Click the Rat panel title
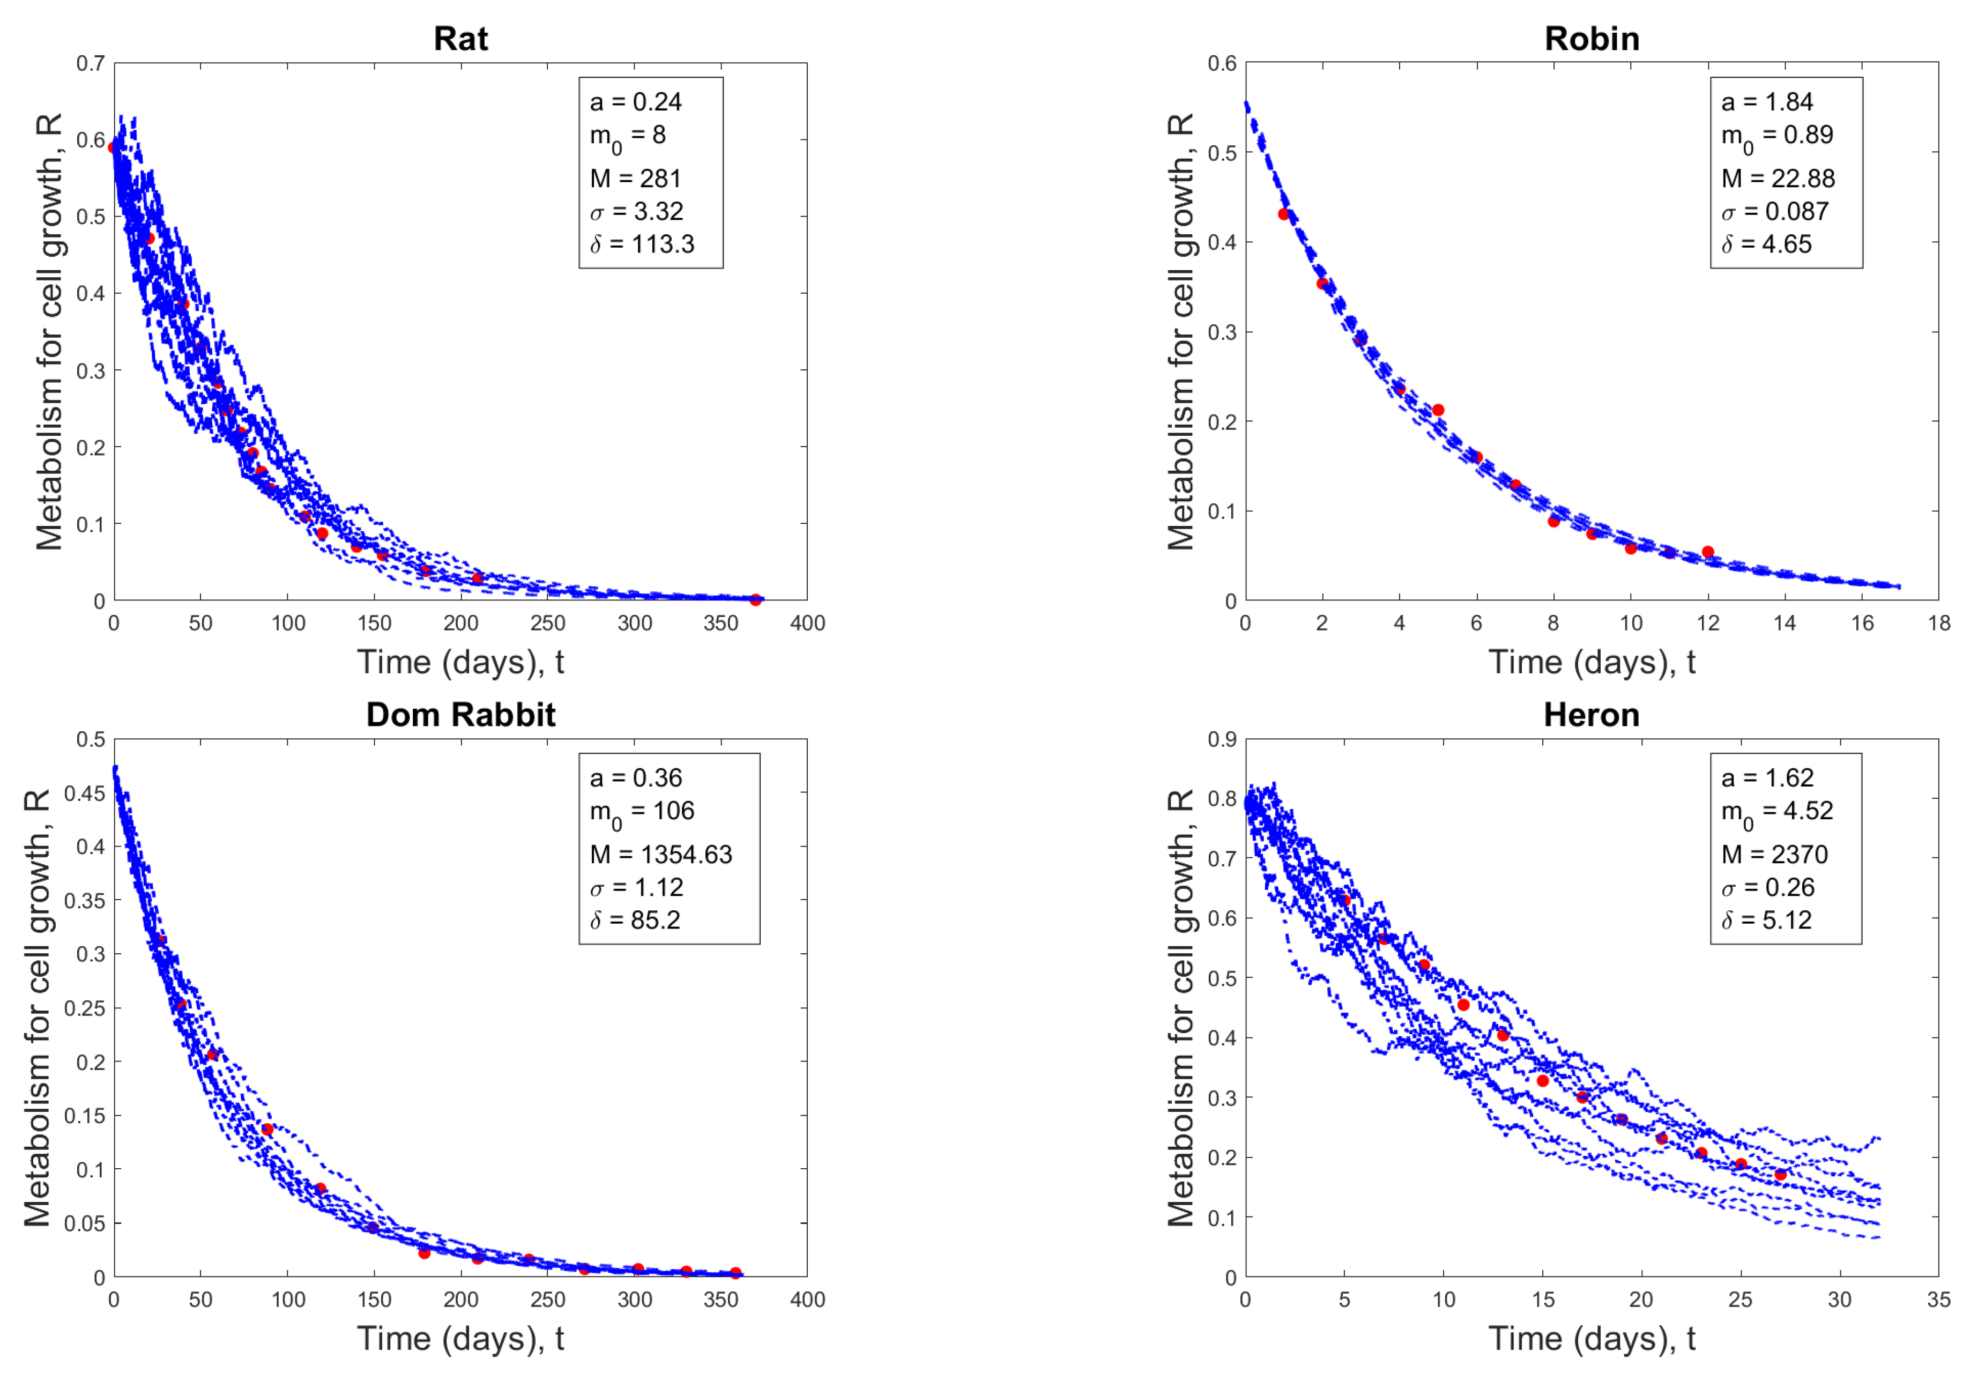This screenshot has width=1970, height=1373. pyautogui.click(x=461, y=39)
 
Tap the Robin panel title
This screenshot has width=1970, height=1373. pyautogui.click(x=1592, y=39)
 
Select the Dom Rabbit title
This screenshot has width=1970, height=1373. pyautogui.click(x=461, y=715)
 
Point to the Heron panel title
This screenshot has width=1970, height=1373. pyautogui.click(x=1592, y=715)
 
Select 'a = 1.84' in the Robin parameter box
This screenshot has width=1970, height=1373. pyautogui.click(x=1767, y=102)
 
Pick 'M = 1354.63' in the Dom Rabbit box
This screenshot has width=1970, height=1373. pyautogui.click(x=660, y=855)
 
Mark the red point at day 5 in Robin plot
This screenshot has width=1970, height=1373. pyautogui.click(x=1438, y=410)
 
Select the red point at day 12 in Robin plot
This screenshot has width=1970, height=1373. pyautogui.click(x=1707, y=552)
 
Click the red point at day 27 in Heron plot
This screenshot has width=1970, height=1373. pyautogui.click(x=1780, y=1175)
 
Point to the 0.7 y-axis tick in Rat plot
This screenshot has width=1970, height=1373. pyautogui.click(x=90, y=63)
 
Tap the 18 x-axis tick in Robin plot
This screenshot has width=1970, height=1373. pyautogui.click(x=1938, y=623)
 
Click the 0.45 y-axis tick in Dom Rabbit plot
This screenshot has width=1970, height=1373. pyautogui.click(x=84, y=793)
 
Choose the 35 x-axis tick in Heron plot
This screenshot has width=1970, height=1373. pyautogui.click(x=1938, y=1299)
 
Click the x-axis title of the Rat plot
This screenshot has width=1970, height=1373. pyautogui.click(x=461, y=663)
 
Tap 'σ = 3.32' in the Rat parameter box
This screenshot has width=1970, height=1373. pyautogui.click(x=636, y=211)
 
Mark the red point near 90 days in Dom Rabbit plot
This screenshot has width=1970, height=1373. pyautogui.click(x=267, y=1129)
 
